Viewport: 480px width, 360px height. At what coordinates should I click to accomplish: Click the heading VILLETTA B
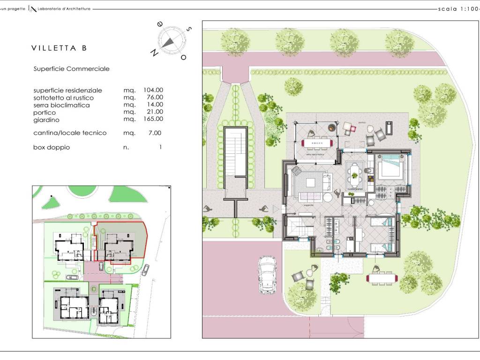(x=59, y=48)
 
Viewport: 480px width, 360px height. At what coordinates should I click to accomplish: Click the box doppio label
(x=52, y=147)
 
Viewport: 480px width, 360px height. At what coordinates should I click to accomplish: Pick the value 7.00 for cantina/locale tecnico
(x=156, y=133)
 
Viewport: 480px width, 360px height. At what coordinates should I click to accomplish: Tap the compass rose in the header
(x=169, y=40)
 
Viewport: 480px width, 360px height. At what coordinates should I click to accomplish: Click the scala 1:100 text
(x=457, y=8)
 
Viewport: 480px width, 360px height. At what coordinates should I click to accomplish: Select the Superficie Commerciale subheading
(x=71, y=69)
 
